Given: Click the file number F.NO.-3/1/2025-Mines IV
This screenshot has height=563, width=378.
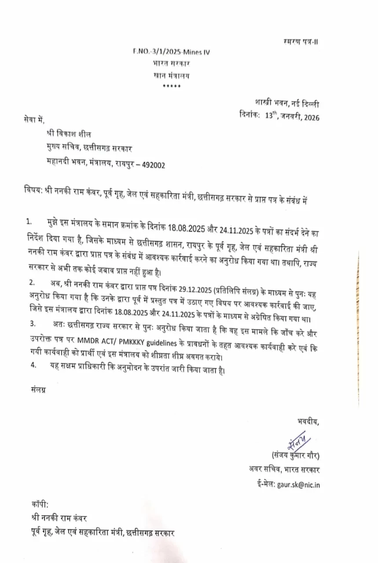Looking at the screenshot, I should coord(171,52).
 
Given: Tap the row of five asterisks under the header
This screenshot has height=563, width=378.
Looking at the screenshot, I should coord(171,85).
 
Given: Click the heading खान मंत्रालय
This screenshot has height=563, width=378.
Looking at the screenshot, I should coord(172,75).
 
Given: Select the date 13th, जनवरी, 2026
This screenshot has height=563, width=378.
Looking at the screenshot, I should coord(293,117).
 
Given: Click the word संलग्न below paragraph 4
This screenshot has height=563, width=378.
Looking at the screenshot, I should coord(39,390).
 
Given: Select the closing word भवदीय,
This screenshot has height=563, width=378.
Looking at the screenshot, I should coord(308,422).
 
